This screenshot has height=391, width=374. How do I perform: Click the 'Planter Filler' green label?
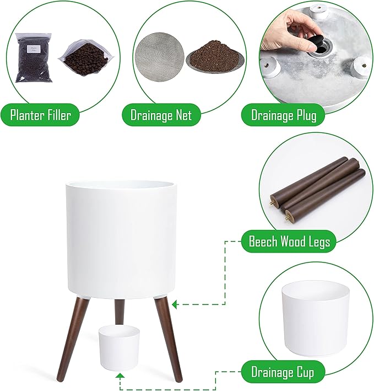40,115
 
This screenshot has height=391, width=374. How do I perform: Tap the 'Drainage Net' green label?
161,115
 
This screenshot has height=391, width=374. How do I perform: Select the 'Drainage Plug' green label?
283,115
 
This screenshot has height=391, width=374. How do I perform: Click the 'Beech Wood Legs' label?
289,241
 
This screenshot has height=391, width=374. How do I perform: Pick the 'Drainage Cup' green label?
283,372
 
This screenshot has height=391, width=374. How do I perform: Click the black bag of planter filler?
34,58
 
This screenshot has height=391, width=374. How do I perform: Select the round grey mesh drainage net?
159,57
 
